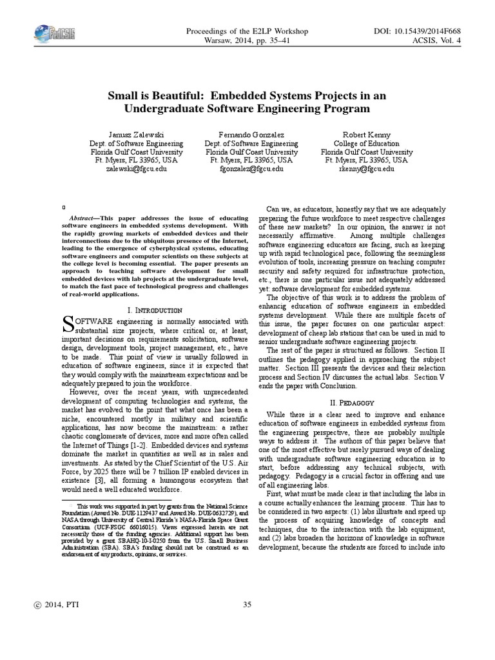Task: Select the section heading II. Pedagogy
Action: pos(347,403)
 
